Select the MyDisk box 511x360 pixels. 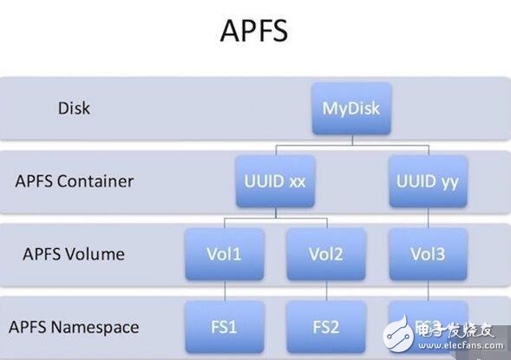352,110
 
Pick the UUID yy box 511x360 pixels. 427,182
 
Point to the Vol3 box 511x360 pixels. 427,254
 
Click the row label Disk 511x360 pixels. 74,109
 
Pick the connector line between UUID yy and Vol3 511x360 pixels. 427,218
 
